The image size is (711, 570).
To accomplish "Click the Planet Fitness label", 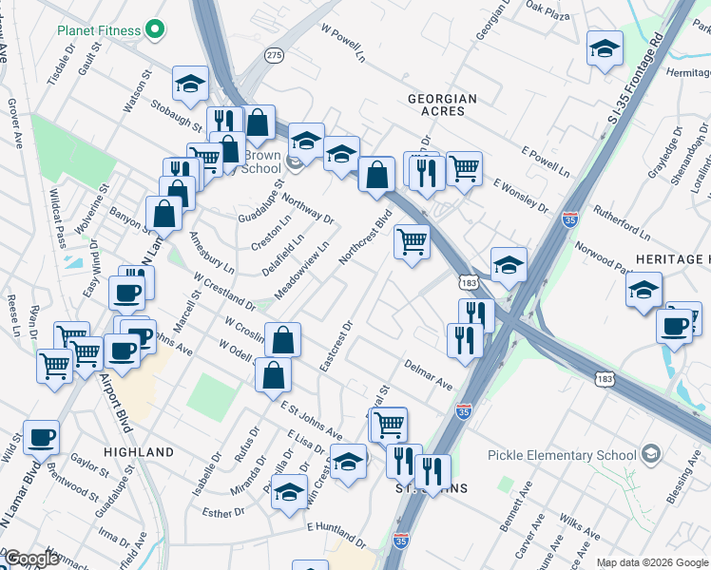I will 98,29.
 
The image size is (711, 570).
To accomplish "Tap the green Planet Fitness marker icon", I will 156,29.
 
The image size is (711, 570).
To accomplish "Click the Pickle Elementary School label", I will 562,454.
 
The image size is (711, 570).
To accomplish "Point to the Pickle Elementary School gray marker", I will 651,454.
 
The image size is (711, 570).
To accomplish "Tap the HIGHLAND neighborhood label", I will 138,452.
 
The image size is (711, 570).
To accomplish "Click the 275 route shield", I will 274,56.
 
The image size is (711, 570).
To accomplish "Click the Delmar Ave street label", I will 428,373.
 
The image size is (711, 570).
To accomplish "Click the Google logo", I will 30,559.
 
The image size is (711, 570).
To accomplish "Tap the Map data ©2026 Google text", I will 651,562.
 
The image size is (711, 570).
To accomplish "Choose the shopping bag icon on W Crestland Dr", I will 282,339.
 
